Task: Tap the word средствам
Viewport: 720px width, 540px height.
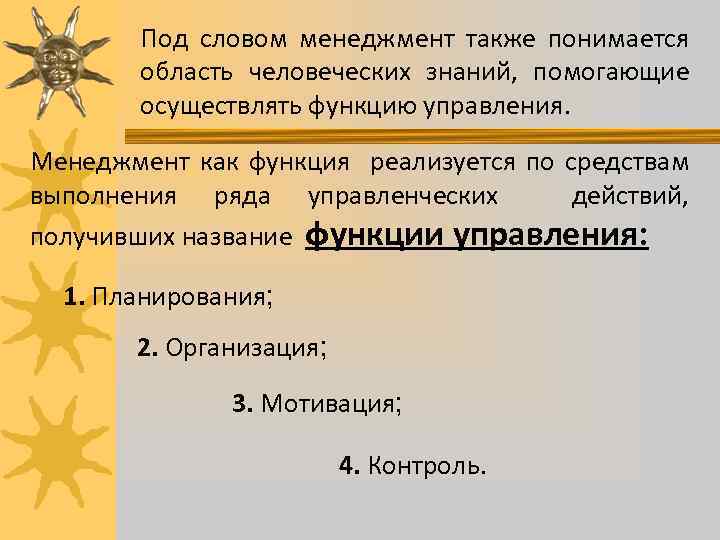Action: [x=626, y=162]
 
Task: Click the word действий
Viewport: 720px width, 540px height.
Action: [x=629, y=196]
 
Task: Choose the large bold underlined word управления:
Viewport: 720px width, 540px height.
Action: [x=552, y=236]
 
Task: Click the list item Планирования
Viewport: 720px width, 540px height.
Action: [x=181, y=296]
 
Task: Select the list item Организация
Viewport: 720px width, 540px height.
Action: [x=241, y=348]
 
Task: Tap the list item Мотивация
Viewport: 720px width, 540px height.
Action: [x=328, y=404]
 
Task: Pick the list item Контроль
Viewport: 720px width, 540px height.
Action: [x=427, y=465]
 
